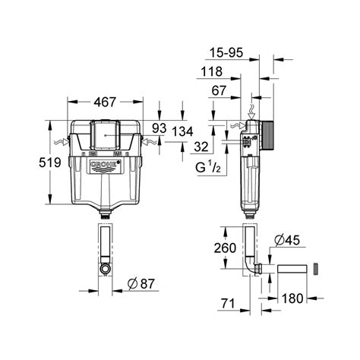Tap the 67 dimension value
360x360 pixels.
click(x=219, y=90)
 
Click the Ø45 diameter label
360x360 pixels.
click(x=287, y=241)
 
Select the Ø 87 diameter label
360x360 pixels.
click(x=141, y=284)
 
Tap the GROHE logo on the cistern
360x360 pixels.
click(x=103, y=169)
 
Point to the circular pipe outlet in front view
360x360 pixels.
click(x=105, y=270)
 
